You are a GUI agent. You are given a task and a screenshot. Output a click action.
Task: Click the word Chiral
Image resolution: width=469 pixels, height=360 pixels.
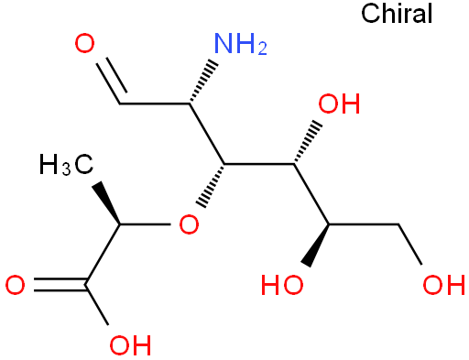tap(397, 14)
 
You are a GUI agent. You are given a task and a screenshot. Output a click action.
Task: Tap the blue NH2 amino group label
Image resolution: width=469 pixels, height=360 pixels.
tap(241, 44)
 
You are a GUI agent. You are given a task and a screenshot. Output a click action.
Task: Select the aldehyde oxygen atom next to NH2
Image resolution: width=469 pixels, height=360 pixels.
tap(84, 44)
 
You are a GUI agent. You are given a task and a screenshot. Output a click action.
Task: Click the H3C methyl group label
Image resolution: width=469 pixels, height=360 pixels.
tap(66, 165)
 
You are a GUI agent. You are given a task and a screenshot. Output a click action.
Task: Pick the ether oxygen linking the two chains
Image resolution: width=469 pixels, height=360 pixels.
tap(189, 224)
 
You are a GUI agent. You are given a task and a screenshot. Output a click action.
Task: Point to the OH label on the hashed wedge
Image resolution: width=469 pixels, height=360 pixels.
tap(339, 104)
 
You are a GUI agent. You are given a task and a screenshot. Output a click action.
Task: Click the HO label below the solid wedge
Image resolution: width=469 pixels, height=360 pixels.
tap(282, 285)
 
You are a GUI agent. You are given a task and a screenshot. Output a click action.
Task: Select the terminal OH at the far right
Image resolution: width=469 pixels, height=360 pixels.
tap(443, 285)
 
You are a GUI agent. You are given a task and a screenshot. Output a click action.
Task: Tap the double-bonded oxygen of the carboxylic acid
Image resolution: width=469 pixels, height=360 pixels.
tap(15, 285)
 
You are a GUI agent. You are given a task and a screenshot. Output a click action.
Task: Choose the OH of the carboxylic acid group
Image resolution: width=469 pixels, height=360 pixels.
tap(130, 345)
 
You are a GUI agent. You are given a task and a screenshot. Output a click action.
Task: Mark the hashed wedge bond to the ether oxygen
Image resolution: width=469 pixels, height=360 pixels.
tap(211, 186)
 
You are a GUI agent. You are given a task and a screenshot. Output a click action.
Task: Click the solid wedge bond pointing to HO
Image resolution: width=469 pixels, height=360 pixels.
tap(316, 245)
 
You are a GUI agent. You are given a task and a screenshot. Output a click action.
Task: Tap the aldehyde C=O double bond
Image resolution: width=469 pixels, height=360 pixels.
tap(112, 81)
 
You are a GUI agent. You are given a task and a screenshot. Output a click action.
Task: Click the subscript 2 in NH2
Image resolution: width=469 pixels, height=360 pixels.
tap(262, 49)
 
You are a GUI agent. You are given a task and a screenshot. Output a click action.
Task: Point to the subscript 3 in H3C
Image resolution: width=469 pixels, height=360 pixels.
tap(66, 169)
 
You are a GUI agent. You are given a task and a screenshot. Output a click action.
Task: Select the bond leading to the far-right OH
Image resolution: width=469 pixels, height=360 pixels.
tap(410, 245)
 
